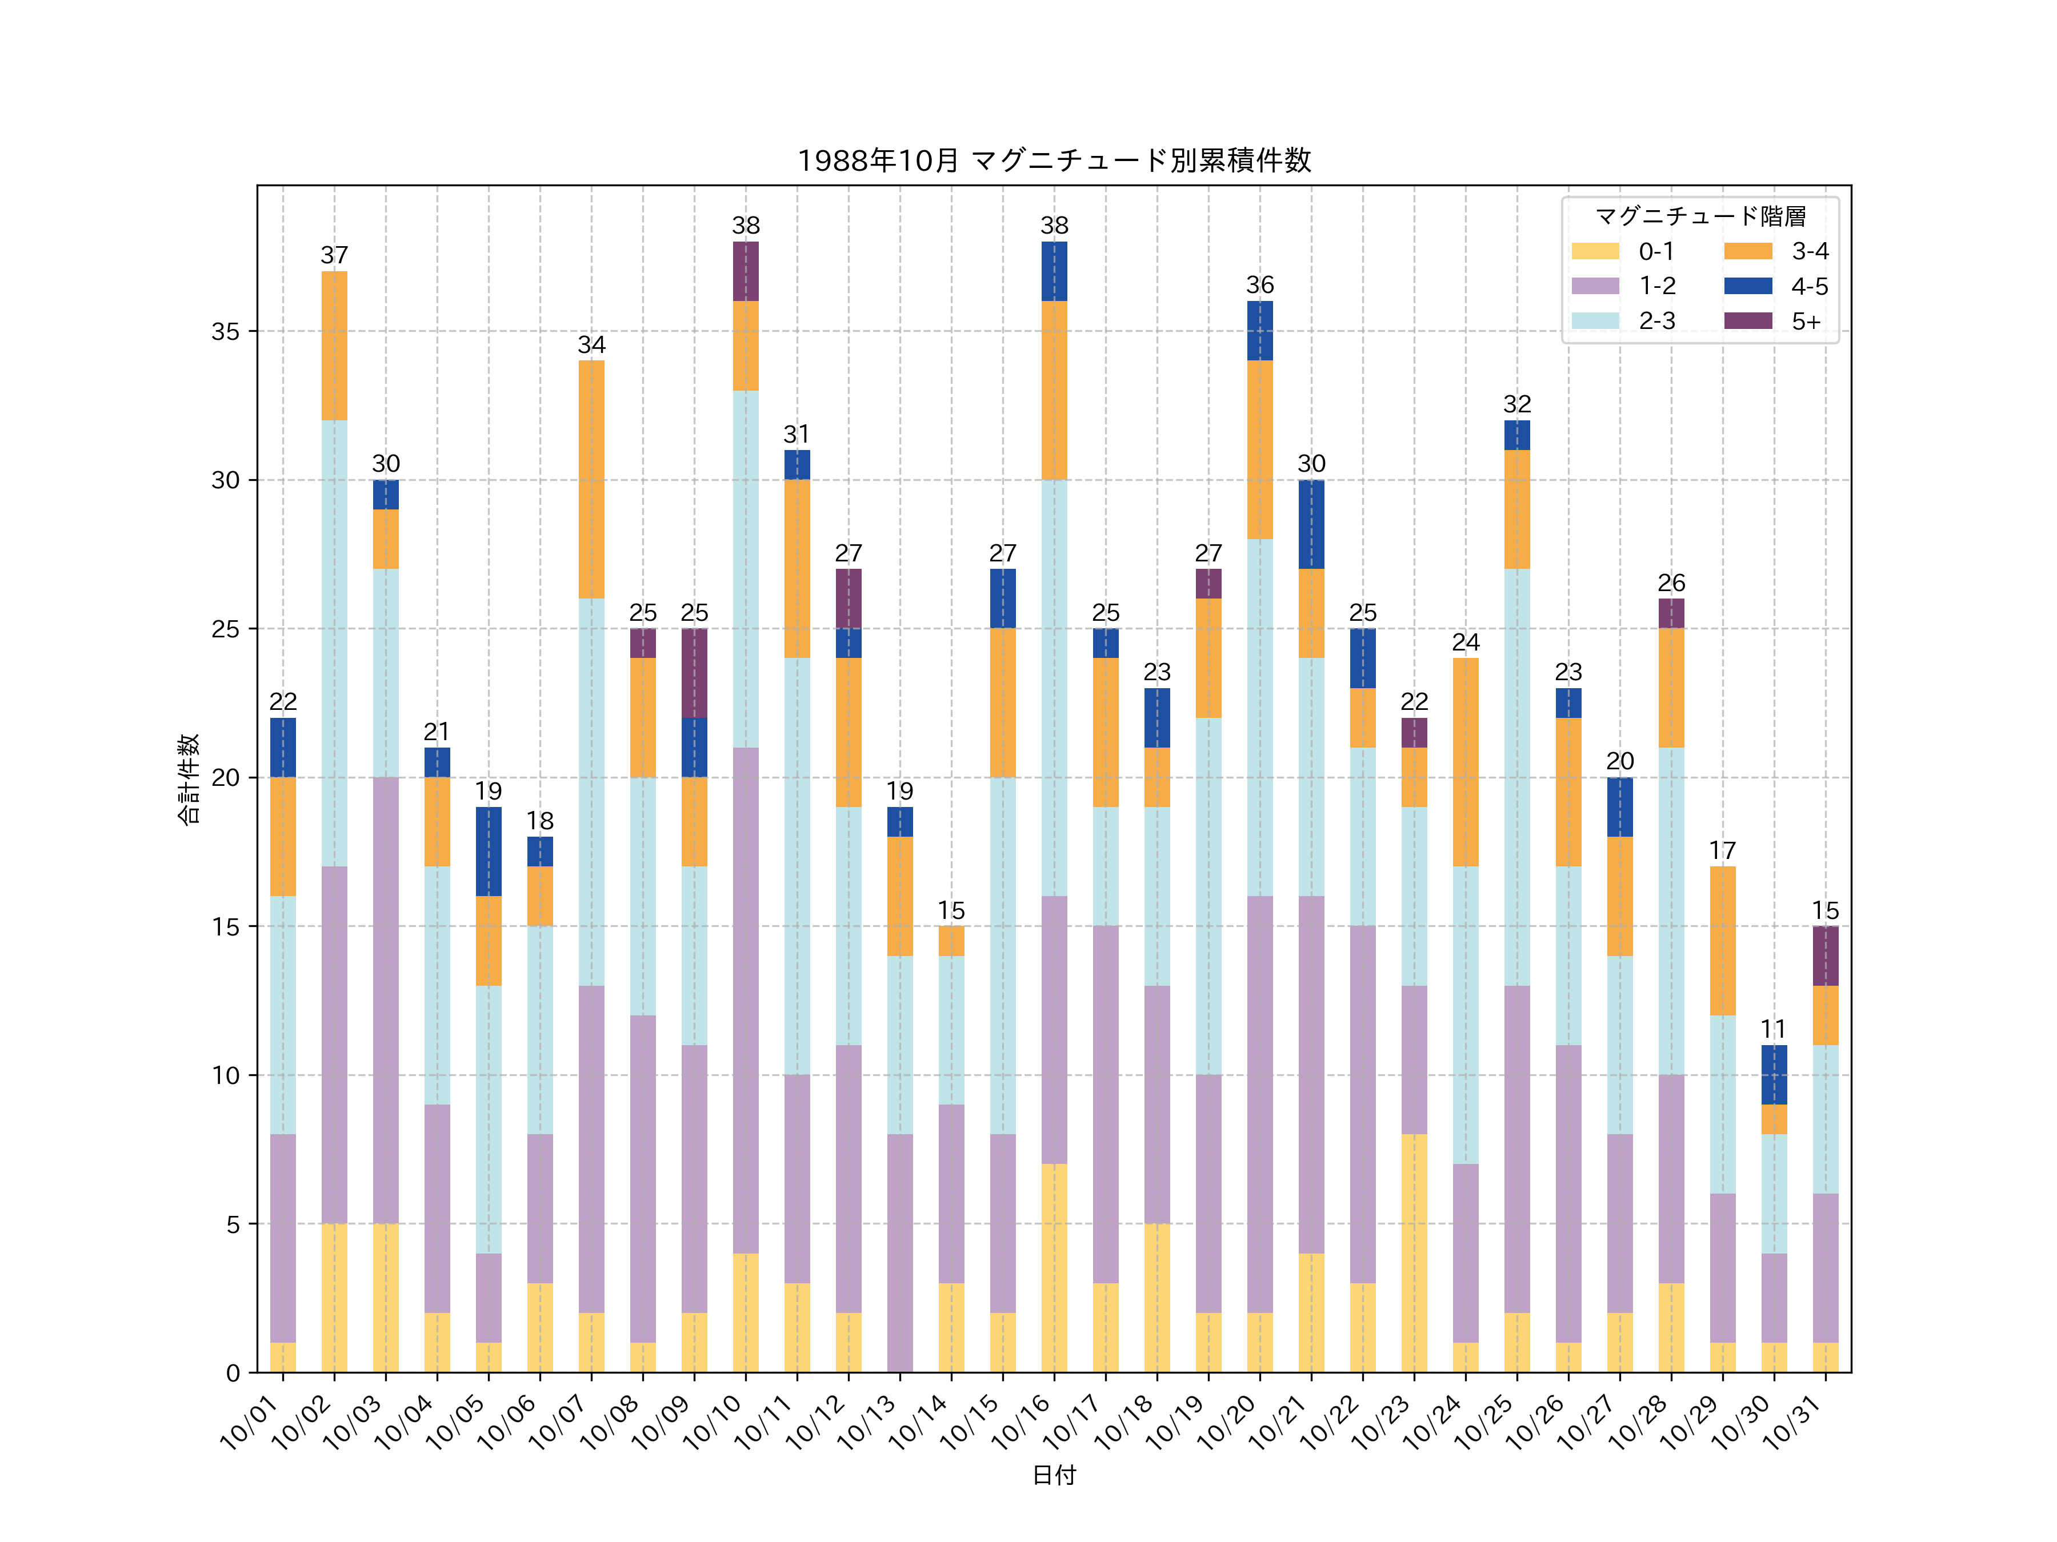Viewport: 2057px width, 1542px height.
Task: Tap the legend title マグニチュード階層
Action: click(1700, 216)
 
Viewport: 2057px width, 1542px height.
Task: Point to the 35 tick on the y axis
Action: click(225, 332)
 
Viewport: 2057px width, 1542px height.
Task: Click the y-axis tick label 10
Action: click(225, 1075)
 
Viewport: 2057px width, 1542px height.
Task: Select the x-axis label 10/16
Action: click(1022, 1422)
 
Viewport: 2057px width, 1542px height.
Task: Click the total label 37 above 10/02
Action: click(335, 256)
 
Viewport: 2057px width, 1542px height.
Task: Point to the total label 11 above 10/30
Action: click(1774, 1029)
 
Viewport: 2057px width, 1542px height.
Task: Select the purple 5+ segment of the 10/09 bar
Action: click(695, 673)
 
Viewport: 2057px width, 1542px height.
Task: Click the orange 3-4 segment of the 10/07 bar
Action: click(591, 480)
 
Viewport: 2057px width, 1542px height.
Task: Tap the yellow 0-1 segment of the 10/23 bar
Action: click(1414, 1253)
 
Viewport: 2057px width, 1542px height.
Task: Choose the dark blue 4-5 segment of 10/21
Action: click(1311, 524)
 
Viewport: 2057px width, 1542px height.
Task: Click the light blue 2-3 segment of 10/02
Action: click(335, 643)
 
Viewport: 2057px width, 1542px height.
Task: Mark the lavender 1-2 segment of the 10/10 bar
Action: click(746, 1000)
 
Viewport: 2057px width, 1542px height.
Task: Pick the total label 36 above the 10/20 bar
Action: click(1260, 286)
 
